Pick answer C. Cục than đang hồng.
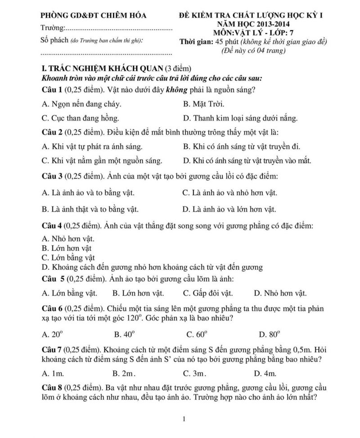80,118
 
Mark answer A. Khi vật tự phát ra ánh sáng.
92,146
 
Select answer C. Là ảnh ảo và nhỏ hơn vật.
229,193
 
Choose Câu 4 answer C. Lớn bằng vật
68,258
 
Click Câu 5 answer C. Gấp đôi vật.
208,293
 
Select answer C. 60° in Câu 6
196,334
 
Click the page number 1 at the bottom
184,419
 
